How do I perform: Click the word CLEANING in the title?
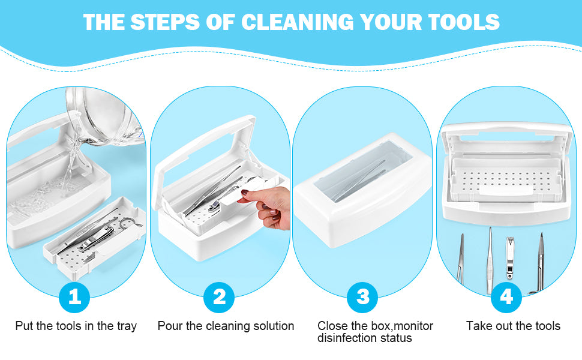298,22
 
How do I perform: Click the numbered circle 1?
74,297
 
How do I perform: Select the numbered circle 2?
219,297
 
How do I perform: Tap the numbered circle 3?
362,297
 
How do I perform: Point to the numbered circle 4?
506,297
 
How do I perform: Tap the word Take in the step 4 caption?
478,326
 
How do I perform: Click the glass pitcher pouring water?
104,116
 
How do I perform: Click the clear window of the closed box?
364,173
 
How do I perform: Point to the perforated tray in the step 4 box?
505,179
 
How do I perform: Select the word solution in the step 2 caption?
274,326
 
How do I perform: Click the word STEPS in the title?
165,22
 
